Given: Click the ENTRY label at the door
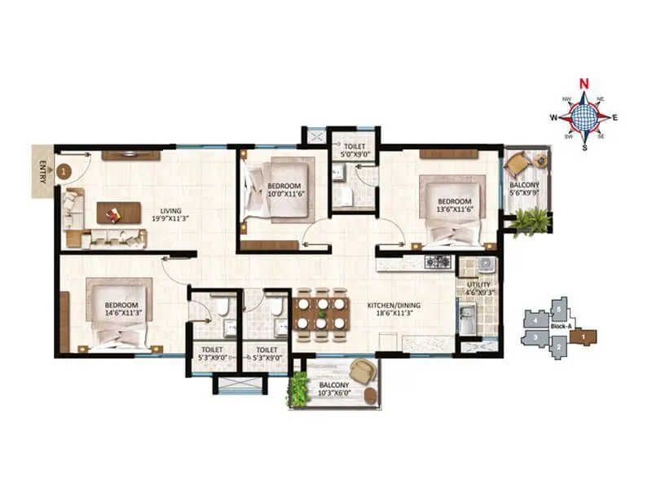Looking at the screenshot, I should coord(41,172).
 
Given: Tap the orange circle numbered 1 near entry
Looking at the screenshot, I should coord(66,172).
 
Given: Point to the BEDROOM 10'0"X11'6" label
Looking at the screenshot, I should coord(284,190).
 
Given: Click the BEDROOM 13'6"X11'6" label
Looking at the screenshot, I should coord(454,205).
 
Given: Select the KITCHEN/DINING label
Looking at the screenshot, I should coord(390,309).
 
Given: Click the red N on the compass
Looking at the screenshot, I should coord(584,83).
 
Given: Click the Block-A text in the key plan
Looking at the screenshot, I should coord(561,327).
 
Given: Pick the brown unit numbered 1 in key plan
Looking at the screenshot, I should coord(586,334).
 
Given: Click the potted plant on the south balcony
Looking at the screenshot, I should coord(299,390).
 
